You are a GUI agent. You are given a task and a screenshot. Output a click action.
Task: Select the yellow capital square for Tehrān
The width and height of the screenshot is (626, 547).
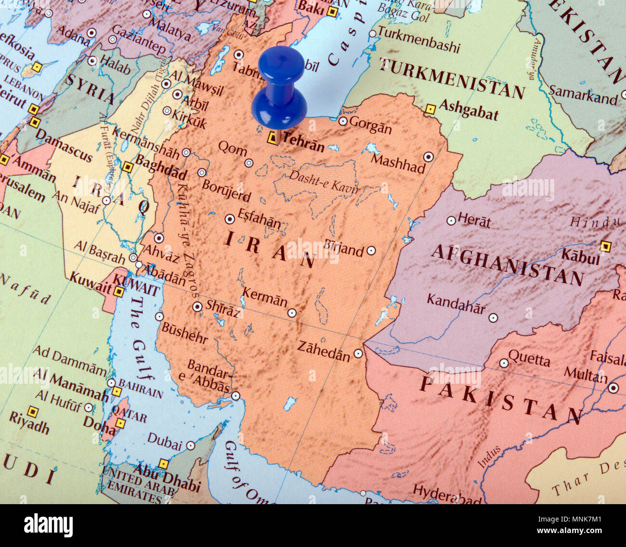click(x=273, y=138)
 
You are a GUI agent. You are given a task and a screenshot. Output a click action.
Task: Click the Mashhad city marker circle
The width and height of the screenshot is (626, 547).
click(x=428, y=156)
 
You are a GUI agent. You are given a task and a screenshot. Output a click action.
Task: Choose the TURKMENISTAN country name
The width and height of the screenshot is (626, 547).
click(x=451, y=78)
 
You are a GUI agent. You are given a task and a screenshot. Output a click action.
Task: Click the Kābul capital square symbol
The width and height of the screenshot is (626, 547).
click(x=605, y=247)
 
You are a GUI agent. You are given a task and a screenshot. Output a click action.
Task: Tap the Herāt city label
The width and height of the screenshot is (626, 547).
click(x=474, y=221)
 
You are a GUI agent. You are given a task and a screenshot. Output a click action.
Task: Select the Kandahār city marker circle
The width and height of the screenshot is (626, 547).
click(x=493, y=317)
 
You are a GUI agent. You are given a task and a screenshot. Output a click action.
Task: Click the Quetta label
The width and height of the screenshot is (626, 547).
click(x=529, y=359)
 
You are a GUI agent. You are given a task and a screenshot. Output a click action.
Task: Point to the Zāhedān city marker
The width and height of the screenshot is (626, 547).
click(x=358, y=353)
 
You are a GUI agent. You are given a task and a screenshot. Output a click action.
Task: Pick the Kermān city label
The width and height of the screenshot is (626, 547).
click(x=264, y=297)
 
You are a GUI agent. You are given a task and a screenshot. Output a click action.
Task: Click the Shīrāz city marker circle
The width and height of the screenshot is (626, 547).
click(x=197, y=307)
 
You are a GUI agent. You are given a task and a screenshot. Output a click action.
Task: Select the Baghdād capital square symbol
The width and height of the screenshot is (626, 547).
click(x=127, y=167)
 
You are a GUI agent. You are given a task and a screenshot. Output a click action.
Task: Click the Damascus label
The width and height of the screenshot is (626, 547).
click(x=64, y=145)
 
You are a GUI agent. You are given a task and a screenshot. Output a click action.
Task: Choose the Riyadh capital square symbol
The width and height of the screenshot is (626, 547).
click(x=32, y=412)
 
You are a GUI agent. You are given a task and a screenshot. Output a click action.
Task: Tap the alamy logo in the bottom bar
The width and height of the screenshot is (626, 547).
click(x=48, y=525)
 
